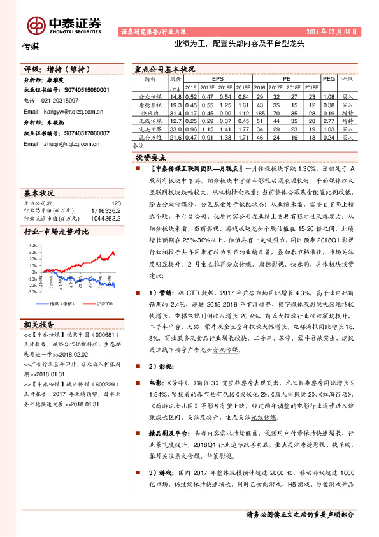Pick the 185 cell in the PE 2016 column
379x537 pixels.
coord(260,112)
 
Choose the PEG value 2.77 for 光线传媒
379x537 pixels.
coord(329,120)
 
